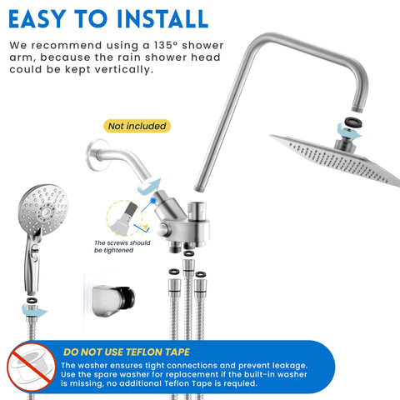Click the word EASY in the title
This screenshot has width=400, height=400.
(x=37, y=19)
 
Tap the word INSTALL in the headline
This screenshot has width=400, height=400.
(x=162, y=19)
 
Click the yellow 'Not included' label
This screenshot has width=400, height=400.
(x=137, y=126)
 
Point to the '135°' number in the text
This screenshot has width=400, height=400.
(x=165, y=45)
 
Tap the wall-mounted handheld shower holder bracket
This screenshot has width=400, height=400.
(x=112, y=301)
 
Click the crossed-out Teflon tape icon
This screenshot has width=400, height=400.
(x=32, y=367)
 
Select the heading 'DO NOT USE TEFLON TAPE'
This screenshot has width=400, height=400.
(x=127, y=352)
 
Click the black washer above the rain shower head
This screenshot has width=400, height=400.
(x=353, y=122)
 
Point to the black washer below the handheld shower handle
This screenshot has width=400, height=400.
(x=32, y=300)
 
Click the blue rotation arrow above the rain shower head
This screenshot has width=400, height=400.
(x=348, y=132)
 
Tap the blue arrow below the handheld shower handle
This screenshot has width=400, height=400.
(x=34, y=311)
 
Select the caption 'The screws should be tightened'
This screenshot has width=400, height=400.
(x=122, y=247)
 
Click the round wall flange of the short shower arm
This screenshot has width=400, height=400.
(x=97, y=155)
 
